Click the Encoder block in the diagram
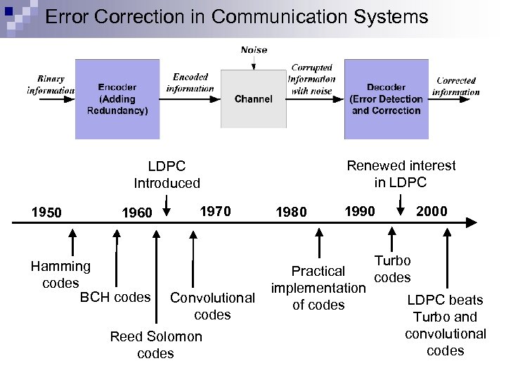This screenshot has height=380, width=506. point(117,99)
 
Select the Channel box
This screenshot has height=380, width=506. point(254,99)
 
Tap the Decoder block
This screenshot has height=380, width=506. point(386,99)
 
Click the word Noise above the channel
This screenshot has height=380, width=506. point(254,50)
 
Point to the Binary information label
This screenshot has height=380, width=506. point(50,85)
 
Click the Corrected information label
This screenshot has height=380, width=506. point(456,86)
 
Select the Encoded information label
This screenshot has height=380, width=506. point(190,82)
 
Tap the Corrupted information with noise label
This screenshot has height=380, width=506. point(311,80)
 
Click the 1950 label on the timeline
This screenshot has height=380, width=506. point(47,213)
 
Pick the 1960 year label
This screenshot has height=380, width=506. point(136,213)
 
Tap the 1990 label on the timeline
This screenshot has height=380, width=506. point(359,210)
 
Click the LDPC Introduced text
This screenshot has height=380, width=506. point(167,175)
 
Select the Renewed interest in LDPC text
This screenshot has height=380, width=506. point(401,174)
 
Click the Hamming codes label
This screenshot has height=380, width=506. point(60,274)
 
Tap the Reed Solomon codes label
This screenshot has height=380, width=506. point(156,345)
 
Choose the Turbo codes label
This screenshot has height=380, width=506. point(392,269)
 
